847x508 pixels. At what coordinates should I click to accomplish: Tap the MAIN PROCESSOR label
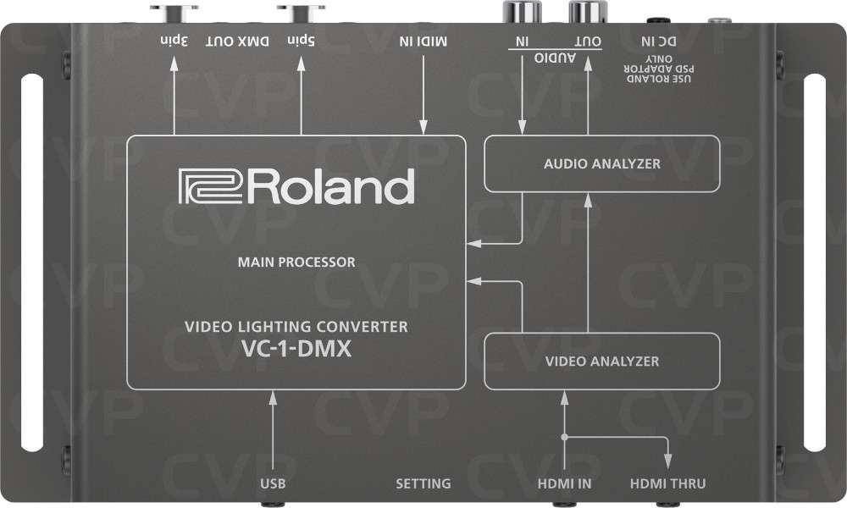click(x=296, y=262)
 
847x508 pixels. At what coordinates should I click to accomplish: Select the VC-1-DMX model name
click(x=296, y=346)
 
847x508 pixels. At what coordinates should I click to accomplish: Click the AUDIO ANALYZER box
click(x=601, y=163)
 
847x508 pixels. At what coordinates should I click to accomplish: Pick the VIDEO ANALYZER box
click(x=601, y=362)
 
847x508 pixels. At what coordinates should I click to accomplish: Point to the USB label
click(x=273, y=484)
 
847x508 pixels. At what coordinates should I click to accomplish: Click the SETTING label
click(x=423, y=484)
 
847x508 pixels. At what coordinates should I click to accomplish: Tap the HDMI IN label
click(x=564, y=484)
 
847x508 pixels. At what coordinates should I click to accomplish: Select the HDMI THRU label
click(x=668, y=484)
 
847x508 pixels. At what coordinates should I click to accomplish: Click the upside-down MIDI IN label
click(x=423, y=41)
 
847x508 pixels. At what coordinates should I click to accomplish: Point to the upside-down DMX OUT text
click(x=235, y=41)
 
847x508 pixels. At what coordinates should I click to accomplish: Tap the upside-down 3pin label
click(x=173, y=41)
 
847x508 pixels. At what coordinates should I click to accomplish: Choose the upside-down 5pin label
click(x=301, y=41)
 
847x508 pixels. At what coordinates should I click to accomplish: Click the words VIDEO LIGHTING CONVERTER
click(x=296, y=326)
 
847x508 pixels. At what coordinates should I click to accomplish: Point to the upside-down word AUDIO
click(x=555, y=57)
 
